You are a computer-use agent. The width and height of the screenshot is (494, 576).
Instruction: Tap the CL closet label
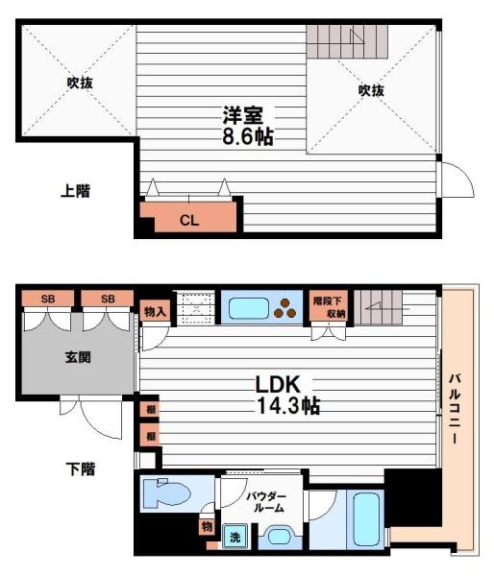point(189,220)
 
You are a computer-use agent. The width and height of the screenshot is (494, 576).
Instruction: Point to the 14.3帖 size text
point(286,406)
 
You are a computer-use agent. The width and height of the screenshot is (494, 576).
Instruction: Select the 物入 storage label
point(155,311)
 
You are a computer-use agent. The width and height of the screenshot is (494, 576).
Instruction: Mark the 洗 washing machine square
point(233,538)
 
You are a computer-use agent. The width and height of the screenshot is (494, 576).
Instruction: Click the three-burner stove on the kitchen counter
point(284,308)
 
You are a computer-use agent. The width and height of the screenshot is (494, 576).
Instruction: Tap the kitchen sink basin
point(248,308)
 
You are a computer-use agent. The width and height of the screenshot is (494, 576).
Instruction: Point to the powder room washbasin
point(278,537)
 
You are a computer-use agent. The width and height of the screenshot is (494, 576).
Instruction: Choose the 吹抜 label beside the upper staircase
point(371,90)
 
